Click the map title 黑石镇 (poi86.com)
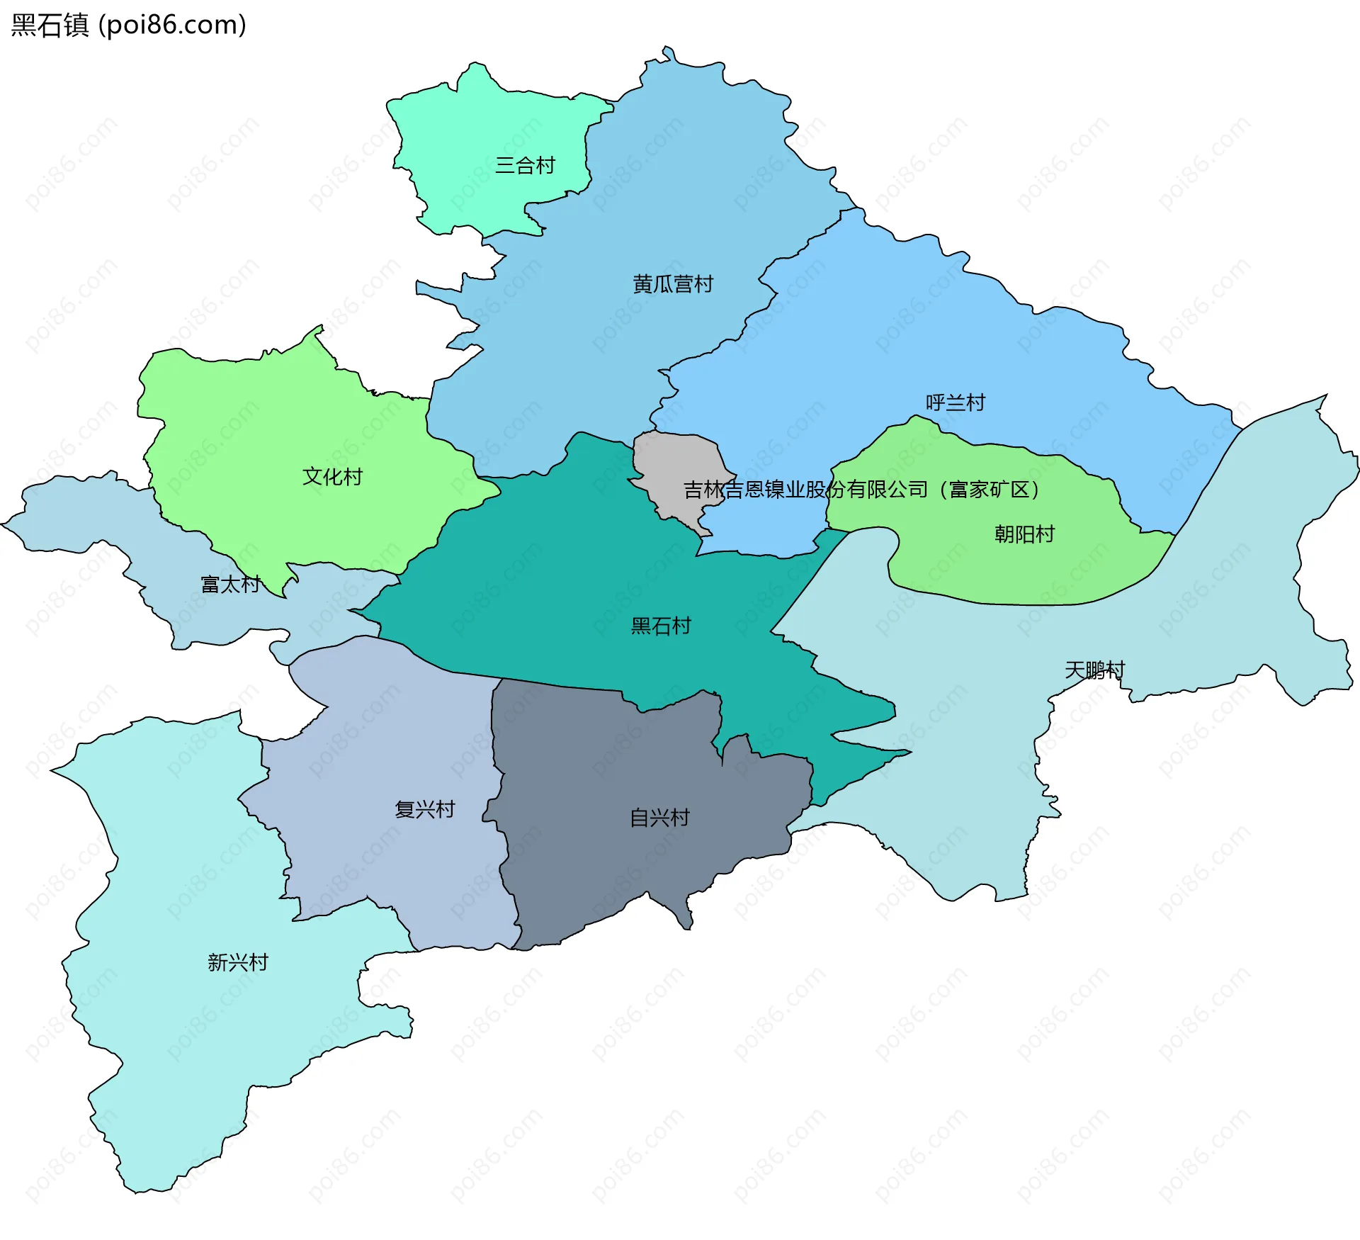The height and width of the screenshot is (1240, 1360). tap(128, 25)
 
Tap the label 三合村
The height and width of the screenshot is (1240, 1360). tap(525, 166)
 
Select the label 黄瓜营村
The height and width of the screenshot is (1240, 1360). tap(673, 284)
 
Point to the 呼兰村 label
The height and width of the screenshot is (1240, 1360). tap(956, 402)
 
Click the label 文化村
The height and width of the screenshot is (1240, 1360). tap(332, 476)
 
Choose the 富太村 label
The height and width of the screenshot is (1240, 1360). tap(231, 585)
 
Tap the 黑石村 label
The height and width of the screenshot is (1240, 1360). tap(661, 626)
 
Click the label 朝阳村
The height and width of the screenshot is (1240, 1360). tap(1024, 534)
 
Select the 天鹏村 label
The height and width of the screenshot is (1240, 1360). tap(1094, 670)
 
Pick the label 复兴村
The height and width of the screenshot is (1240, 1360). tap(424, 809)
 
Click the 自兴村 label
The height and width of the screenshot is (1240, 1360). tap(659, 818)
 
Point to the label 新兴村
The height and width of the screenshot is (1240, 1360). tap(238, 962)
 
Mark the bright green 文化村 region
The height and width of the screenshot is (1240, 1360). tap(283, 425)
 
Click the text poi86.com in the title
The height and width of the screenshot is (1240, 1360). tap(172, 25)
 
